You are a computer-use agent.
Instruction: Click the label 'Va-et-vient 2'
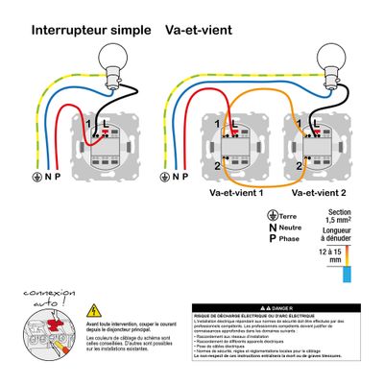pyautogui.click(x=318, y=192)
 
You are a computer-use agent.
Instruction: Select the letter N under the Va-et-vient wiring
pyautogui.click(x=184, y=176)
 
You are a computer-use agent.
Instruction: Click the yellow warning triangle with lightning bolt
pyautogui.click(x=94, y=310)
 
